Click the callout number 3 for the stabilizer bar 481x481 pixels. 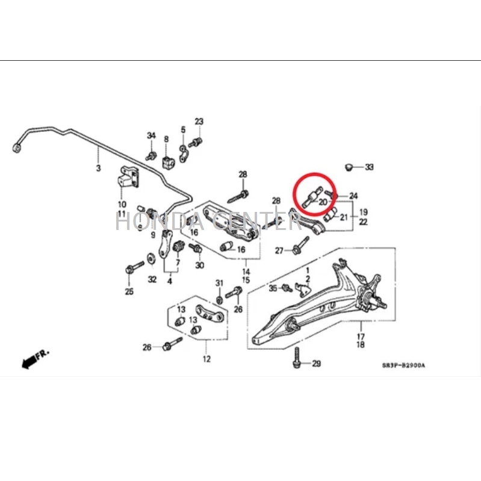pos(99,167)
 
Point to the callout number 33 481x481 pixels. pos(369,166)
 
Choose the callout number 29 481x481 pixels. pos(316,364)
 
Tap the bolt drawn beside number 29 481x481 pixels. pos(297,359)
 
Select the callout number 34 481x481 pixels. pos(151,135)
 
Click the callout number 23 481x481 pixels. pos(199,122)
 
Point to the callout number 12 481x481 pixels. pos(206,360)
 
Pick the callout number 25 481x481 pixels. pos(129,293)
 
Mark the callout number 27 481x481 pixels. pos(279,250)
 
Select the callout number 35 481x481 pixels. pos(273,288)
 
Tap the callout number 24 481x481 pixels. pos(353,196)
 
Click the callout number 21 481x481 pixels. pos(344,217)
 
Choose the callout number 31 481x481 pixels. pos(220,283)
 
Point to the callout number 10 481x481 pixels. pos(122,205)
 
